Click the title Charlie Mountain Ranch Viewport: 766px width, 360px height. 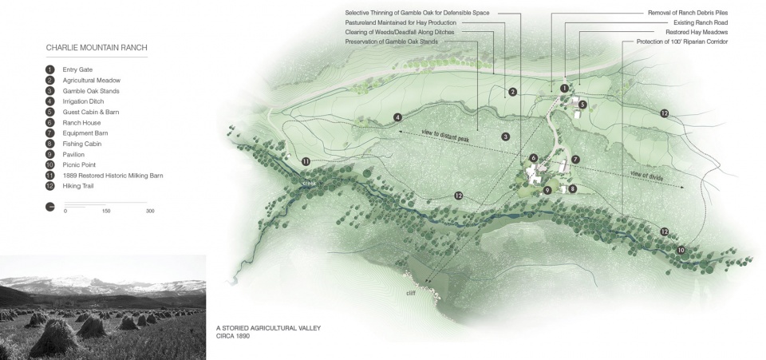(x=97, y=48)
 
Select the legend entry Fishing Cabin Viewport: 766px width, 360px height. (x=84, y=143)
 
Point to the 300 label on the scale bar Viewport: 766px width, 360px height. (x=149, y=211)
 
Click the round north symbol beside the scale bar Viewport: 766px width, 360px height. (x=50, y=206)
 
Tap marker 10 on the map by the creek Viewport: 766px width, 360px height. (x=681, y=251)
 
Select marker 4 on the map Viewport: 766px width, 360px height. (x=397, y=118)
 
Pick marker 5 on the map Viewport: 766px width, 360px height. (x=583, y=105)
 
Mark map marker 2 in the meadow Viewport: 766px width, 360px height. (x=513, y=93)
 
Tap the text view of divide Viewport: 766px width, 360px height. (x=646, y=176)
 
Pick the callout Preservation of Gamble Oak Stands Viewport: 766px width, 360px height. (x=390, y=42)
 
